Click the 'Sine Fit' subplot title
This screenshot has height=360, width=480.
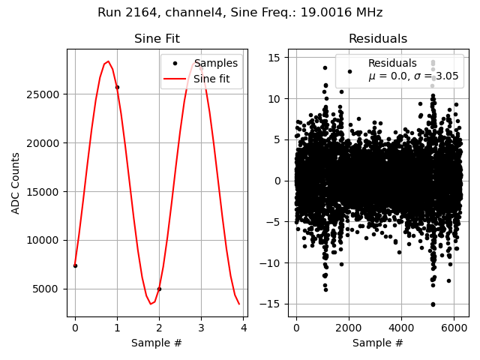[x=157, y=39]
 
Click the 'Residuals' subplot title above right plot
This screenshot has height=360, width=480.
[x=378, y=39]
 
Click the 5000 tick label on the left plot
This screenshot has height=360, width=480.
[x=49, y=289]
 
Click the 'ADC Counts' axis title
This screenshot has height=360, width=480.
[x=16, y=183]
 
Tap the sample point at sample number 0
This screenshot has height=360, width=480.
[x=75, y=265]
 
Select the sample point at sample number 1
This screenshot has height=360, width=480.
[x=117, y=87]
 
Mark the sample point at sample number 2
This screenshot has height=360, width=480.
[x=159, y=289]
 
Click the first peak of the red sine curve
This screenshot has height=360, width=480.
[x=108, y=61]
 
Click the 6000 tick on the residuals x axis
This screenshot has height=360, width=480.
[x=454, y=328]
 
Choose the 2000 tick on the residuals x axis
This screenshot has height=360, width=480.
[x=349, y=328]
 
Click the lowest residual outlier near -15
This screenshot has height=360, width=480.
[x=433, y=304]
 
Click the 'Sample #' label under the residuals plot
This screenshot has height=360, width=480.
[x=378, y=343]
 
